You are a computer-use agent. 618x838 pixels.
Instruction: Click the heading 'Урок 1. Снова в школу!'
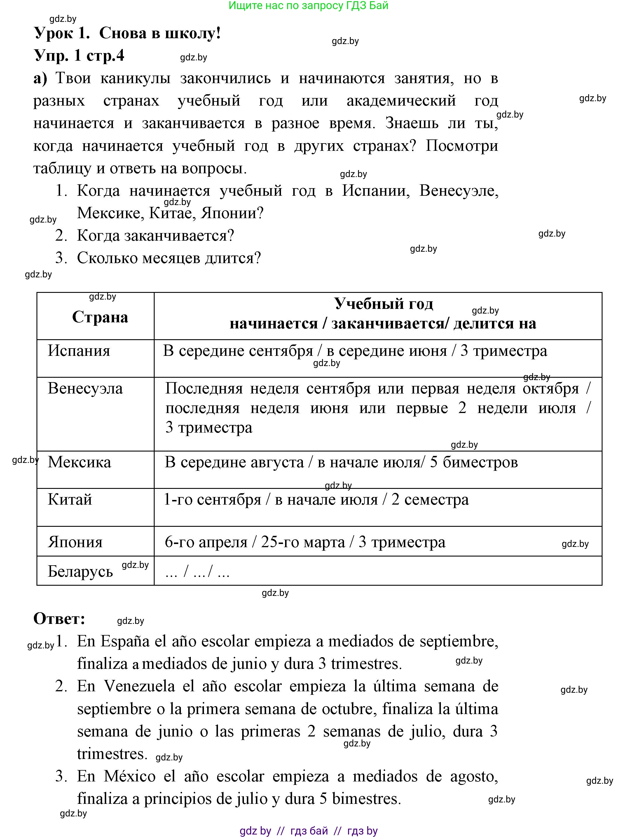coord(127,34)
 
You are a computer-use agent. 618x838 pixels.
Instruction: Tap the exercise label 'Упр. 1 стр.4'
coord(79,56)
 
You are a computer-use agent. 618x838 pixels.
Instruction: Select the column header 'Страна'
coord(100,317)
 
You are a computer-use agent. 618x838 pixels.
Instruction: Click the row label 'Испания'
coord(79,351)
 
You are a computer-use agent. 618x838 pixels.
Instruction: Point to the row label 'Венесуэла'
coord(85,389)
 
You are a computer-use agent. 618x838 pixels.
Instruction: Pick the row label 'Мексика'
coord(79,463)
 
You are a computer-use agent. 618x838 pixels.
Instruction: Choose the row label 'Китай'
coord(70,500)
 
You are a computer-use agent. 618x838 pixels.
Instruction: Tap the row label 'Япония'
coord(75,542)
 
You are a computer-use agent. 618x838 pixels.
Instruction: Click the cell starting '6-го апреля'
coord(305,542)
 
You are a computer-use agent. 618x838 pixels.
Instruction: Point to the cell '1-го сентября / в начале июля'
coord(316,500)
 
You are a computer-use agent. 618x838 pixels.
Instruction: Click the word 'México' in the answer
coord(130,776)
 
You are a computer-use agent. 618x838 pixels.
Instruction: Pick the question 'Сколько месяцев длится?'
coord(169,258)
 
